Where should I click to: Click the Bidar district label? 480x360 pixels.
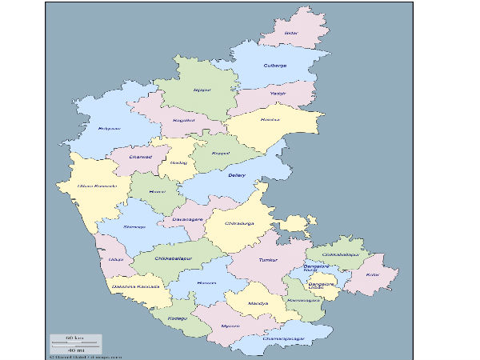pyautogui.click(x=291, y=34)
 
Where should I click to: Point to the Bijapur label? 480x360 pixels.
pyautogui.click(x=202, y=90)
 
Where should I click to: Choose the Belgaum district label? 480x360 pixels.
pyautogui.click(x=110, y=128)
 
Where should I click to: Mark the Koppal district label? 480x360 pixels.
pyautogui.click(x=221, y=152)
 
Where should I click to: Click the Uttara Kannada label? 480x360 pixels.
pyautogui.click(x=97, y=186)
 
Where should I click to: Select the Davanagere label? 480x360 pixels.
pyautogui.click(x=189, y=218)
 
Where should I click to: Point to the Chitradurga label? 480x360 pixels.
pyautogui.click(x=238, y=223)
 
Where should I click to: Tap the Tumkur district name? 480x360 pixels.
pyautogui.click(x=268, y=261)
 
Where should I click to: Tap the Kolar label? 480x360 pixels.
pyautogui.click(x=372, y=274)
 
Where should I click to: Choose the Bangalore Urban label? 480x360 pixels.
pyautogui.click(x=322, y=286)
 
